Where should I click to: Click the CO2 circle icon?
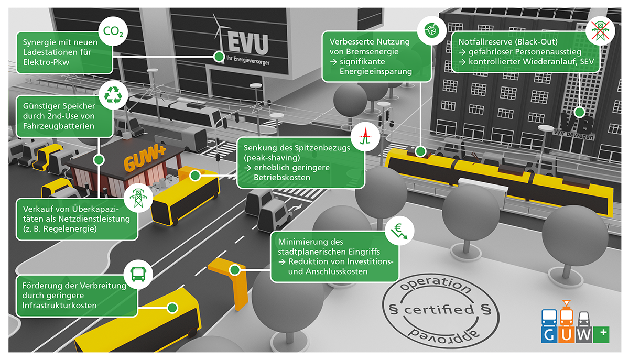click(x=113, y=31)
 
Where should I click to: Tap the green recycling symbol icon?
click(x=113, y=95)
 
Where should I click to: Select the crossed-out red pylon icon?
click(x=600, y=30)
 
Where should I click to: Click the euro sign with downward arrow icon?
click(x=399, y=231)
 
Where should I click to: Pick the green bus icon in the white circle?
click(x=138, y=274)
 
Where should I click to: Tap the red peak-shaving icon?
click(x=365, y=136)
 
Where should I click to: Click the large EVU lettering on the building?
click(x=248, y=43)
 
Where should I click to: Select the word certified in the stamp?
click(x=439, y=310)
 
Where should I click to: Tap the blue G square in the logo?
click(x=549, y=334)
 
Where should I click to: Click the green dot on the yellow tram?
click(x=420, y=151)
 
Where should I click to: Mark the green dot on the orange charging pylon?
click(x=234, y=270)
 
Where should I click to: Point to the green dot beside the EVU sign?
click(x=219, y=57)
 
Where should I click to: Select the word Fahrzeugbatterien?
click(x=58, y=126)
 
